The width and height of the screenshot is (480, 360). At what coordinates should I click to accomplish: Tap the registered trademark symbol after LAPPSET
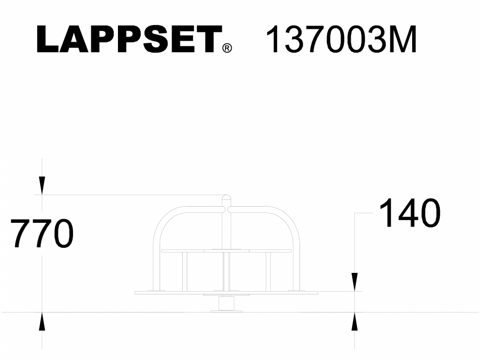pos(227,49)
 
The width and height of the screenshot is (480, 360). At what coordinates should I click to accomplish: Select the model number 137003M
pos(341,40)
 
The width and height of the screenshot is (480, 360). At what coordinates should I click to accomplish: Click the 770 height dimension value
pos(42,234)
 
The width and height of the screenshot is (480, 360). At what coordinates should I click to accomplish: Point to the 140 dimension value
pos(409,213)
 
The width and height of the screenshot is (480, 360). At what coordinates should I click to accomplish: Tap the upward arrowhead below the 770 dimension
pos(42,321)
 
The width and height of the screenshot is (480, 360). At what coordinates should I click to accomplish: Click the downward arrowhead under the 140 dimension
pos(355,282)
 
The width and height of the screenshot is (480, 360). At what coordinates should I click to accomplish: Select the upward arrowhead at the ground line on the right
pos(355,321)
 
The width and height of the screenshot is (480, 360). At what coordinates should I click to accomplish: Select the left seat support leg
pos(184,271)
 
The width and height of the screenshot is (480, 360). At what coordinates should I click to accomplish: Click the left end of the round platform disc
pos(137,293)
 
